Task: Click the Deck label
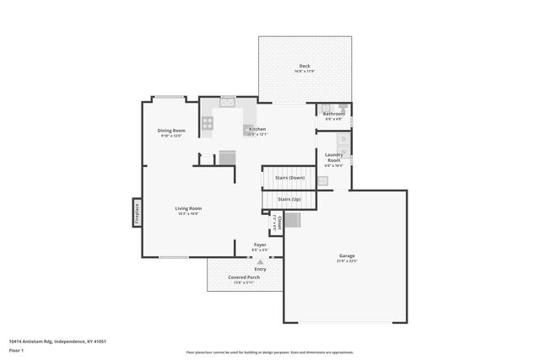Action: click(304, 67)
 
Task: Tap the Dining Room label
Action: click(171, 131)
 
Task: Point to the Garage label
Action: click(347, 255)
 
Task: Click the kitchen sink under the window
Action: click(227, 103)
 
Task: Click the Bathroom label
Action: click(334, 114)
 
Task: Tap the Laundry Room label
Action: click(334, 157)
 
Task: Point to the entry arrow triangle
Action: click(260, 263)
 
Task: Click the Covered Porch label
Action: click(244, 277)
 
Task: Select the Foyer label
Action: click(260, 244)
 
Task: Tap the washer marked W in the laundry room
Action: click(344, 153)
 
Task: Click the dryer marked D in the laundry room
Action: click(344, 139)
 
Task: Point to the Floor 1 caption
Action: click(16, 349)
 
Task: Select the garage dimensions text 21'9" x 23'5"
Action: click(347, 261)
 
